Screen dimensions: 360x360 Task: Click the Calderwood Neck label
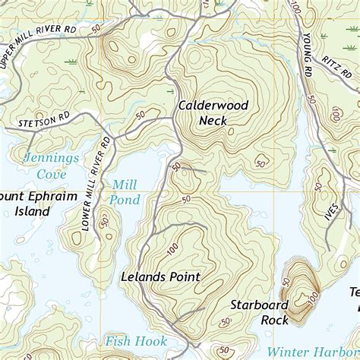[213, 113]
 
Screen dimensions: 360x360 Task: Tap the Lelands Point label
[160, 277]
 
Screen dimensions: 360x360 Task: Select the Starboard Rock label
[260, 312]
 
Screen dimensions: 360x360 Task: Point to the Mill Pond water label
[125, 191]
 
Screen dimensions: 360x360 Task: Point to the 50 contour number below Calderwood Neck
[261, 163]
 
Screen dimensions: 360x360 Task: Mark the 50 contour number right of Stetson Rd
[140, 115]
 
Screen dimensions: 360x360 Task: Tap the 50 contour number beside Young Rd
[311, 98]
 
